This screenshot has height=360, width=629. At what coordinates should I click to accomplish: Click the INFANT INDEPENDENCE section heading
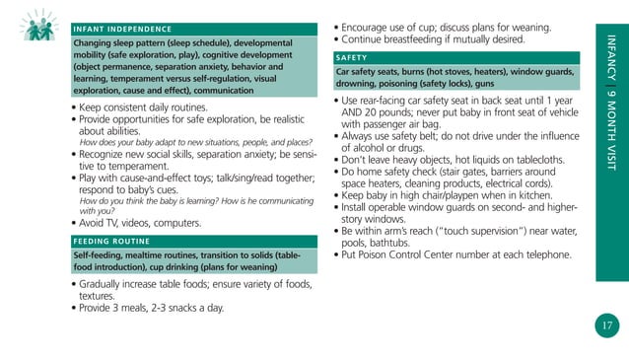(124, 30)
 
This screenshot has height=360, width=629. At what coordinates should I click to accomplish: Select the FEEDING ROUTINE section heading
(110, 241)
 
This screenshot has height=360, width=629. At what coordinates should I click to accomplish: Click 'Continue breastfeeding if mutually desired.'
(429, 39)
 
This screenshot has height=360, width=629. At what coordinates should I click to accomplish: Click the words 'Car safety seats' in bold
(367, 74)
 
